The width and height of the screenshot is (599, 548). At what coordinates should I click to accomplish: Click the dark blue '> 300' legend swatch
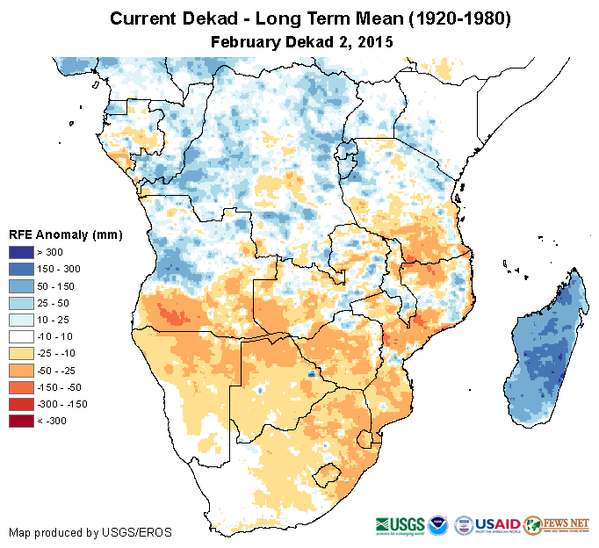(22, 252)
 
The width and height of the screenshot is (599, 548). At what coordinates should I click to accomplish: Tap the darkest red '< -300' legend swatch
(22, 421)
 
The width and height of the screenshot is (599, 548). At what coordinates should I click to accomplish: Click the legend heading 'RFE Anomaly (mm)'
(65, 234)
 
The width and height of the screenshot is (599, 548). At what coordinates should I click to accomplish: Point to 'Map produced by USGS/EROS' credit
(90, 532)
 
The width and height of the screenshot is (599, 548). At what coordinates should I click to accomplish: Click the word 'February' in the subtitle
(247, 41)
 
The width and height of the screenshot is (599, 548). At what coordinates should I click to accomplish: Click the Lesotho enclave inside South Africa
(328, 476)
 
